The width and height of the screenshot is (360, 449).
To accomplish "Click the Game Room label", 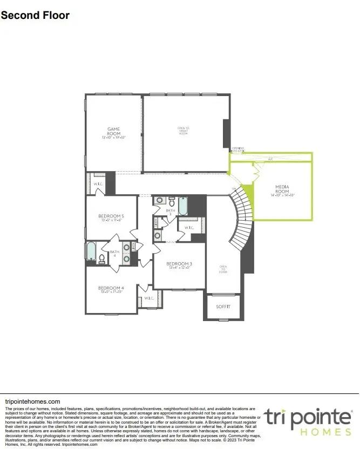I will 113,131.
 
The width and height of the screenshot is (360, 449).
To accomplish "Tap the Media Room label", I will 282,189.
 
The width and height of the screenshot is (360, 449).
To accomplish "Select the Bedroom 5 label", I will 111,216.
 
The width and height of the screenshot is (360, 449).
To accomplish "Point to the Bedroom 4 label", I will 111,288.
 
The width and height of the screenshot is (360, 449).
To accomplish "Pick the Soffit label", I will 223,307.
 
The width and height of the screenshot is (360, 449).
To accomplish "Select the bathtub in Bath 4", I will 91,251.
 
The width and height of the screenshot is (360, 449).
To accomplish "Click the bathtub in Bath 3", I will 184,206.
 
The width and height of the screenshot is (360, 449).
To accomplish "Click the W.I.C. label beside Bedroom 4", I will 149,298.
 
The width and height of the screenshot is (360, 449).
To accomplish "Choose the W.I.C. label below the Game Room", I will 98,183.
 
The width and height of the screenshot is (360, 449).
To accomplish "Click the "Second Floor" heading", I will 35,15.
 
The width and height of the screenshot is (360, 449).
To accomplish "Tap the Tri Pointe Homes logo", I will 308,421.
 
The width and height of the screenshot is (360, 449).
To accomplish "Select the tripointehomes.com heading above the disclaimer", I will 32,402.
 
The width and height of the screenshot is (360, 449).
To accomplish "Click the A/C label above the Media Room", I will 270,160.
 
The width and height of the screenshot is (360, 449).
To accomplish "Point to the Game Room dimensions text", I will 113,138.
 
